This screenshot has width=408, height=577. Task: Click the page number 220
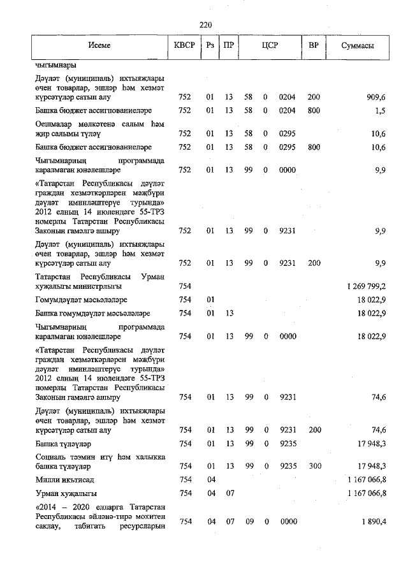pyautogui.click(x=205, y=25)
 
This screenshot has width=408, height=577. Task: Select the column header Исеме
pyautogui.click(x=99, y=47)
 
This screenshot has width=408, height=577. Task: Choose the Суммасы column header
pyautogui.click(x=358, y=47)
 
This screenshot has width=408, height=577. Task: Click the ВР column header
pyautogui.click(x=314, y=47)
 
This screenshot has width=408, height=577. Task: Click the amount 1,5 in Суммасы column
pyautogui.click(x=381, y=110)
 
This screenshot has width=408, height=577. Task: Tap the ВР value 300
pyautogui.click(x=314, y=466)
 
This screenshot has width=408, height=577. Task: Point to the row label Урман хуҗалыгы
pyautogui.click(x=66, y=493)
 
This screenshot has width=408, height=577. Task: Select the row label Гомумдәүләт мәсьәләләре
pyautogui.click(x=82, y=300)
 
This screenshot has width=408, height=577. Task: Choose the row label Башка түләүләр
pyautogui.click(x=64, y=443)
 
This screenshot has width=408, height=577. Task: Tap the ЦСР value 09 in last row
pyautogui.click(x=249, y=522)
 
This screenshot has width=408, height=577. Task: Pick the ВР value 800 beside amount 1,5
pyautogui.click(x=314, y=110)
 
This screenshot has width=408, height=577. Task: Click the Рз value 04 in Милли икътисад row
pyautogui.click(x=210, y=479)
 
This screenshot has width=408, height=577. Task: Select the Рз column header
pyautogui.click(x=210, y=47)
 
